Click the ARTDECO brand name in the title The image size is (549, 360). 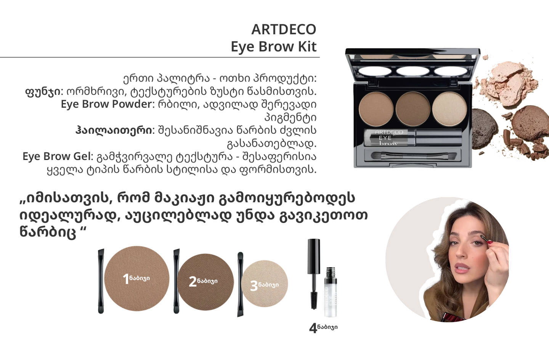[x=284, y=30]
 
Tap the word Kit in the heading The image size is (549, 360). [x=307, y=46]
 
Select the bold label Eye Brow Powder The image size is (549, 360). [x=107, y=104]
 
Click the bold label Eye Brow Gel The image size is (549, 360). [x=56, y=156]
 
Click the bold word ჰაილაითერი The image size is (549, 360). [x=114, y=130]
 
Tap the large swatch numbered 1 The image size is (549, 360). [x=137, y=278]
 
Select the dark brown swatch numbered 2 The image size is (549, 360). [x=205, y=282]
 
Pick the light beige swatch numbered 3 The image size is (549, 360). [x=265, y=283]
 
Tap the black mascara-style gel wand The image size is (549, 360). [x=314, y=274]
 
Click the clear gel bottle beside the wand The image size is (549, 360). [x=331, y=292]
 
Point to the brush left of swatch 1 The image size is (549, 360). [x=101, y=282]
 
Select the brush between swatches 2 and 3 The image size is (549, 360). [x=240, y=284]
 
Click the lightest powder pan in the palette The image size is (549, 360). [x=449, y=109]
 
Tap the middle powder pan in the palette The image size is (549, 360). [x=413, y=109]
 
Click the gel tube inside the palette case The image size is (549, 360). [x=413, y=138]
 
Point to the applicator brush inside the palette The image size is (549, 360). [x=413, y=155]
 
